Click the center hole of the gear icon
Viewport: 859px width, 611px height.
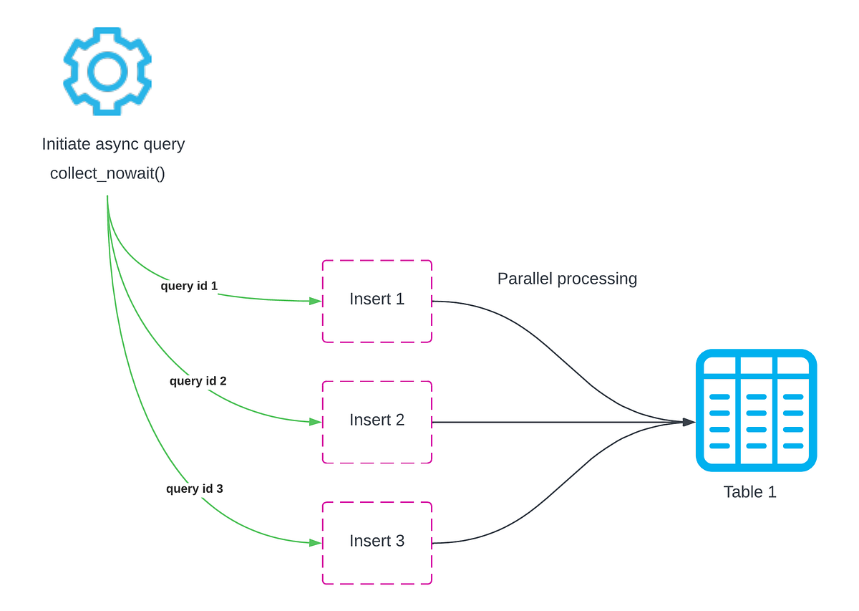pyautogui.click(x=107, y=71)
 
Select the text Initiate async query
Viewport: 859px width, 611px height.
pyautogui.click(x=113, y=144)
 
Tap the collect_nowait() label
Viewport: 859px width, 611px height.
pyautogui.click(x=107, y=173)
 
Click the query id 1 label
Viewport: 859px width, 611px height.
pyautogui.click(x=189, y=286)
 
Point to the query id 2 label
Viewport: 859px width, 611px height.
pyautogui.click(x=198, y=381)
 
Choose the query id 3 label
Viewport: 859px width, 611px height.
pyautogui.click(x=195, y=489)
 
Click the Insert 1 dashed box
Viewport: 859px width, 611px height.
pyautogui.click(x=377, y=301)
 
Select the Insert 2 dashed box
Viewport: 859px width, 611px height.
pyautogui.click(x=377, y=422)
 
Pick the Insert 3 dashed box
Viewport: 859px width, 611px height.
pyautogui.click(x=377, y=543)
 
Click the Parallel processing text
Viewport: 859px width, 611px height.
pyautogui.click(x=567, y=279)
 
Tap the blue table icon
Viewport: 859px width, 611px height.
pyautogui.click(x=756, y=410)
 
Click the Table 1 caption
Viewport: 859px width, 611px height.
pyautogui.click(x=749, y=492)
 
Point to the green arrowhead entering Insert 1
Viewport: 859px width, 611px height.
pyautogui.click(x=315, y=302)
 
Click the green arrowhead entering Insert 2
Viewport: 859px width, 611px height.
pyautogui.click(x=315, y=422)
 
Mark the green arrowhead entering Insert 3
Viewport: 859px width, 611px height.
pyautogui.click(x=315, y=543)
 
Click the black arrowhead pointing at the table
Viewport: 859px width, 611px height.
pyautogui.click(x=689, y=422)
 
